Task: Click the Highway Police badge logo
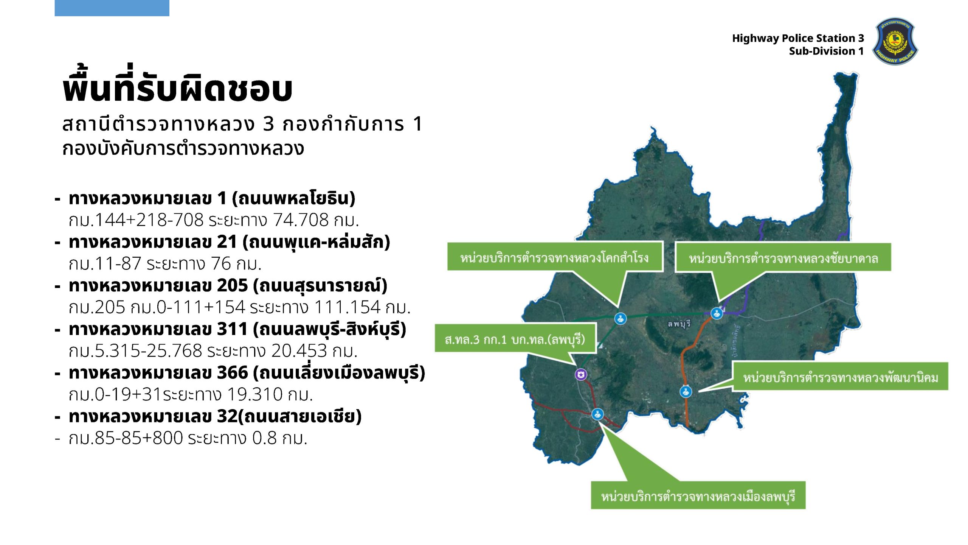pyautogui.click(x=895, y=41)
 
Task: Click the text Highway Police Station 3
pyautogui.click(x=798, y=38)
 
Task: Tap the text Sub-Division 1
pyautogui.click(x=826, y=51)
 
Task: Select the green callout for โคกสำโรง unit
pyautogui.click(x=555, y=257)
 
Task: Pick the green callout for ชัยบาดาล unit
pyautogui.click(x=783, y=258)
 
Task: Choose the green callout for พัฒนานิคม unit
pyautogui.click(x=840, y=377)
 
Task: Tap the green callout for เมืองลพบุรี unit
pyautogui.click(x=698, y=495)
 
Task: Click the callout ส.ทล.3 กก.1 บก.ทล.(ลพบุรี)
pyautogui.click(x=515, y=338)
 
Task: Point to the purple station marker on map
pyautogui.click(x=581, y=374)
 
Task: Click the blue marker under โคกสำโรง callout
pyautogui.click(x=620, y=318)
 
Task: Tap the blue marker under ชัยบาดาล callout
pyautogui.click(x=717, y=313)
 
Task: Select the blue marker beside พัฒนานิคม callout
pyautogui.click(x=686, y=391)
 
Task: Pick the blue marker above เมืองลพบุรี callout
pyautogui.click(x=597, y=414)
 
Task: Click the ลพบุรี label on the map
pyautogui.click(x=679, y=324)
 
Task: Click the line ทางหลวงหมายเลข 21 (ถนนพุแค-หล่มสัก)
pyautogui.click(x=230, y=242)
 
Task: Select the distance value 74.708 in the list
pyautogui.click(x=301, y=220)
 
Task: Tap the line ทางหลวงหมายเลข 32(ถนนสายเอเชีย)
pyautogui.click(x=215, y=416)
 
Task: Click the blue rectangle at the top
pyautogui.click(x=112, y=8)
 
